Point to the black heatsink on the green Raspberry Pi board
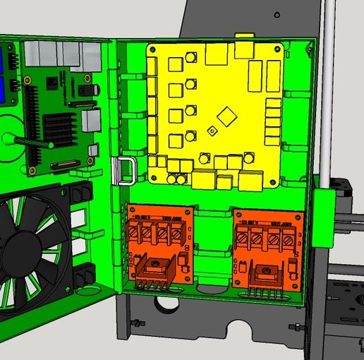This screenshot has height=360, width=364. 59,127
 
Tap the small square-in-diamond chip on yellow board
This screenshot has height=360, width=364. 212,131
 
